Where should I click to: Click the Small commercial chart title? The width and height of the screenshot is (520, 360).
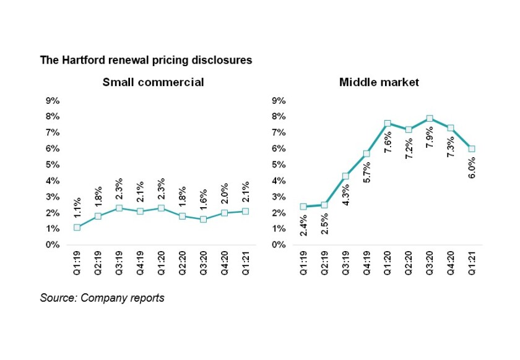153,82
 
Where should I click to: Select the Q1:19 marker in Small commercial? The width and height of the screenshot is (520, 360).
76,227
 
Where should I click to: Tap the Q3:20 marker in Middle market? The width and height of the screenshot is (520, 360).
429,118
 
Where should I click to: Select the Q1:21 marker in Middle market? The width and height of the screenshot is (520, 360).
472,148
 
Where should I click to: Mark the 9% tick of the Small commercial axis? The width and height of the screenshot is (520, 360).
52,100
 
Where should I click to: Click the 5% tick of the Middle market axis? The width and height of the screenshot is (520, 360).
279,165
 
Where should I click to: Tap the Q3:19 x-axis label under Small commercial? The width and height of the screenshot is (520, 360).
119,264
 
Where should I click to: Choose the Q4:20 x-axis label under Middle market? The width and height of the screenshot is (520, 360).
451,264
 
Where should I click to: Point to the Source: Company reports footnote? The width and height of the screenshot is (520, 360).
102,298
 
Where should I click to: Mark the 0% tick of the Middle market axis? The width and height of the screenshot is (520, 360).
279,245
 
